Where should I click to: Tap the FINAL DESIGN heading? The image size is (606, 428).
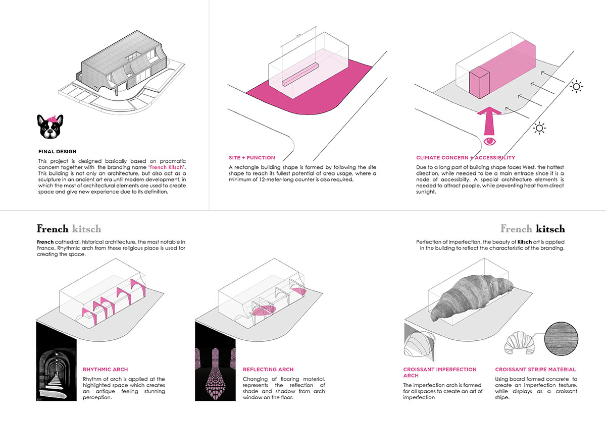(x=57, y=151)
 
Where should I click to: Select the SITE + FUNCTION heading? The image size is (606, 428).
(x=251, y=158)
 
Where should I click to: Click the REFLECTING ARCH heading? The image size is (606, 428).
(x=268, y=370)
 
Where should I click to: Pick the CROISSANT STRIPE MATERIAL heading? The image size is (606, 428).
(x=535, y=370)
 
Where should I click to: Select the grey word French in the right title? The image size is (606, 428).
(x=516, y=228)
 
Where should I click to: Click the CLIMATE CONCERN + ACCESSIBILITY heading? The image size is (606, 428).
(x=465, y=158)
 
